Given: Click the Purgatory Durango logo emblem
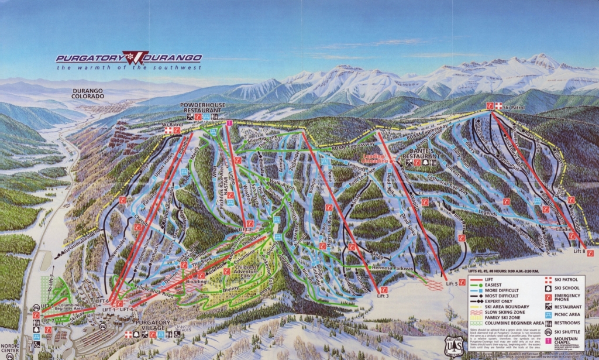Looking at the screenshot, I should click(136, 57).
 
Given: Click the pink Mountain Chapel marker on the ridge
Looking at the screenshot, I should click(229, 122).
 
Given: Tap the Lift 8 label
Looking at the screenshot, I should click(579, 251).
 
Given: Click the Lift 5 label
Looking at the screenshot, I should click(451, 284).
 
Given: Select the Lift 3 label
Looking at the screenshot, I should click(383, 296).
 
